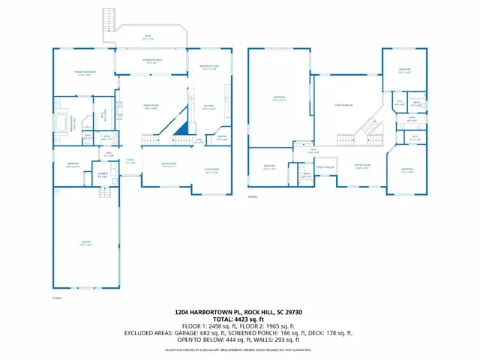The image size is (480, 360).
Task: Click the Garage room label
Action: click(87, 243)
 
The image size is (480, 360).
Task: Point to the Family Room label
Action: click(150, 107)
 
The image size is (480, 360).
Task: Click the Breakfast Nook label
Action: click(209, 67)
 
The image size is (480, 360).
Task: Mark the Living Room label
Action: click(211, 170)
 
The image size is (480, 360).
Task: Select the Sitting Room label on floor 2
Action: click(362, 167)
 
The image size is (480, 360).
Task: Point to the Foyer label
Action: click(130, 161)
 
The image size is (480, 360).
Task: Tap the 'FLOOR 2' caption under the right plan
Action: click(253, 196)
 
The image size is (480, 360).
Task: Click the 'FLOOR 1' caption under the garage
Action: click(57, 298)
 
